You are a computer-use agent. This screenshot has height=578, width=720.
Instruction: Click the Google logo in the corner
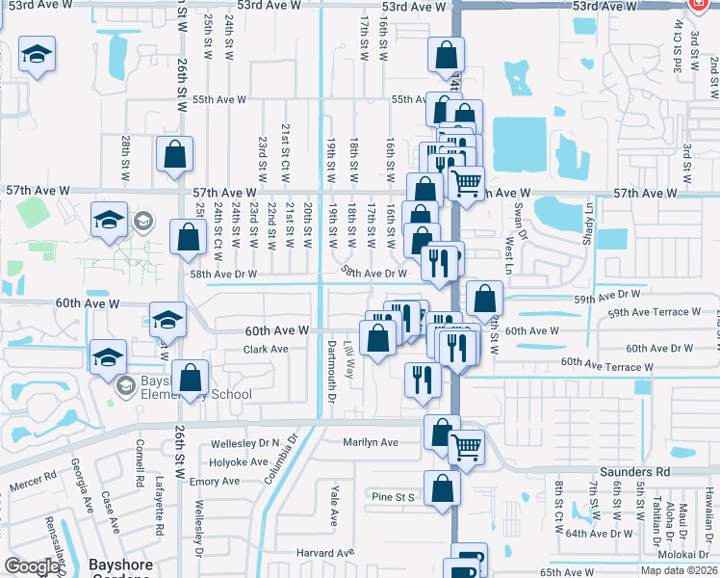click(31, 566)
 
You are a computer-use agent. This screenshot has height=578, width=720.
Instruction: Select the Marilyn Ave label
click(370, 442)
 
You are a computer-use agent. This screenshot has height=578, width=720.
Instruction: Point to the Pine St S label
click(393, 497)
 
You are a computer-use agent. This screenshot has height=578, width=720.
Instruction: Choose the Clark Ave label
click(266, 349)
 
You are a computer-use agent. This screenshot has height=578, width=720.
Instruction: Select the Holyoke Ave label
click(240, 461)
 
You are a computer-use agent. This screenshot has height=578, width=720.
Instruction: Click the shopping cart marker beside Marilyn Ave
click(467, 447)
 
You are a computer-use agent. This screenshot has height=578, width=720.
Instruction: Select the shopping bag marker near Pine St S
click(442, 487)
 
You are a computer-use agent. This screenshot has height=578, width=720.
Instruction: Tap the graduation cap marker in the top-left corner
click(38, 54)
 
